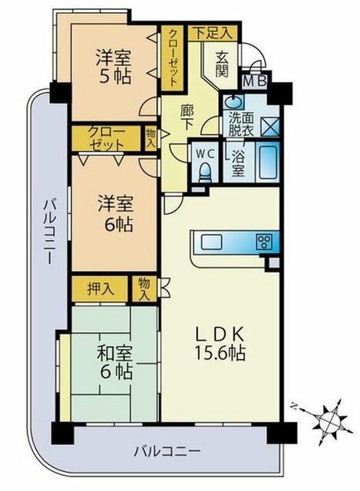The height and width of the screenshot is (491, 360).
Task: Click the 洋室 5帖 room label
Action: (112, 66)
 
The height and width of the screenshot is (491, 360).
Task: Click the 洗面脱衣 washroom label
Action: (236, 124)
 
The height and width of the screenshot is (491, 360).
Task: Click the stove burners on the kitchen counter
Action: (264, 242)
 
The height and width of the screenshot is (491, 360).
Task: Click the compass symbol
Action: (328, 421)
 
